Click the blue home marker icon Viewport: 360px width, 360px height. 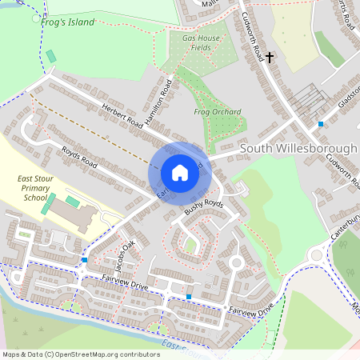point(180,173)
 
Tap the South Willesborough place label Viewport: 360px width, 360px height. point(298,149)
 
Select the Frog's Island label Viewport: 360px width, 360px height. point(67,22)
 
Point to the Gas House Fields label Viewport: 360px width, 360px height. point(200,43)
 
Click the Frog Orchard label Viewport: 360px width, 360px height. point(218,112)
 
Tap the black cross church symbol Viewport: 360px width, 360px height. point(270,57)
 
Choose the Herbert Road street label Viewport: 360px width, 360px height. point(121,116)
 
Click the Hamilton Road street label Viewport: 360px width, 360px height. point(159,103)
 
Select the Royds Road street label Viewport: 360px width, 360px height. point(78,159)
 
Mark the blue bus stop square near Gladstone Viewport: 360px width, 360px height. point(321,124)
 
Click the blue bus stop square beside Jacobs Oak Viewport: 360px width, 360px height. point(85,260)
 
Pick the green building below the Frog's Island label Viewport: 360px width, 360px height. point(51,57)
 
